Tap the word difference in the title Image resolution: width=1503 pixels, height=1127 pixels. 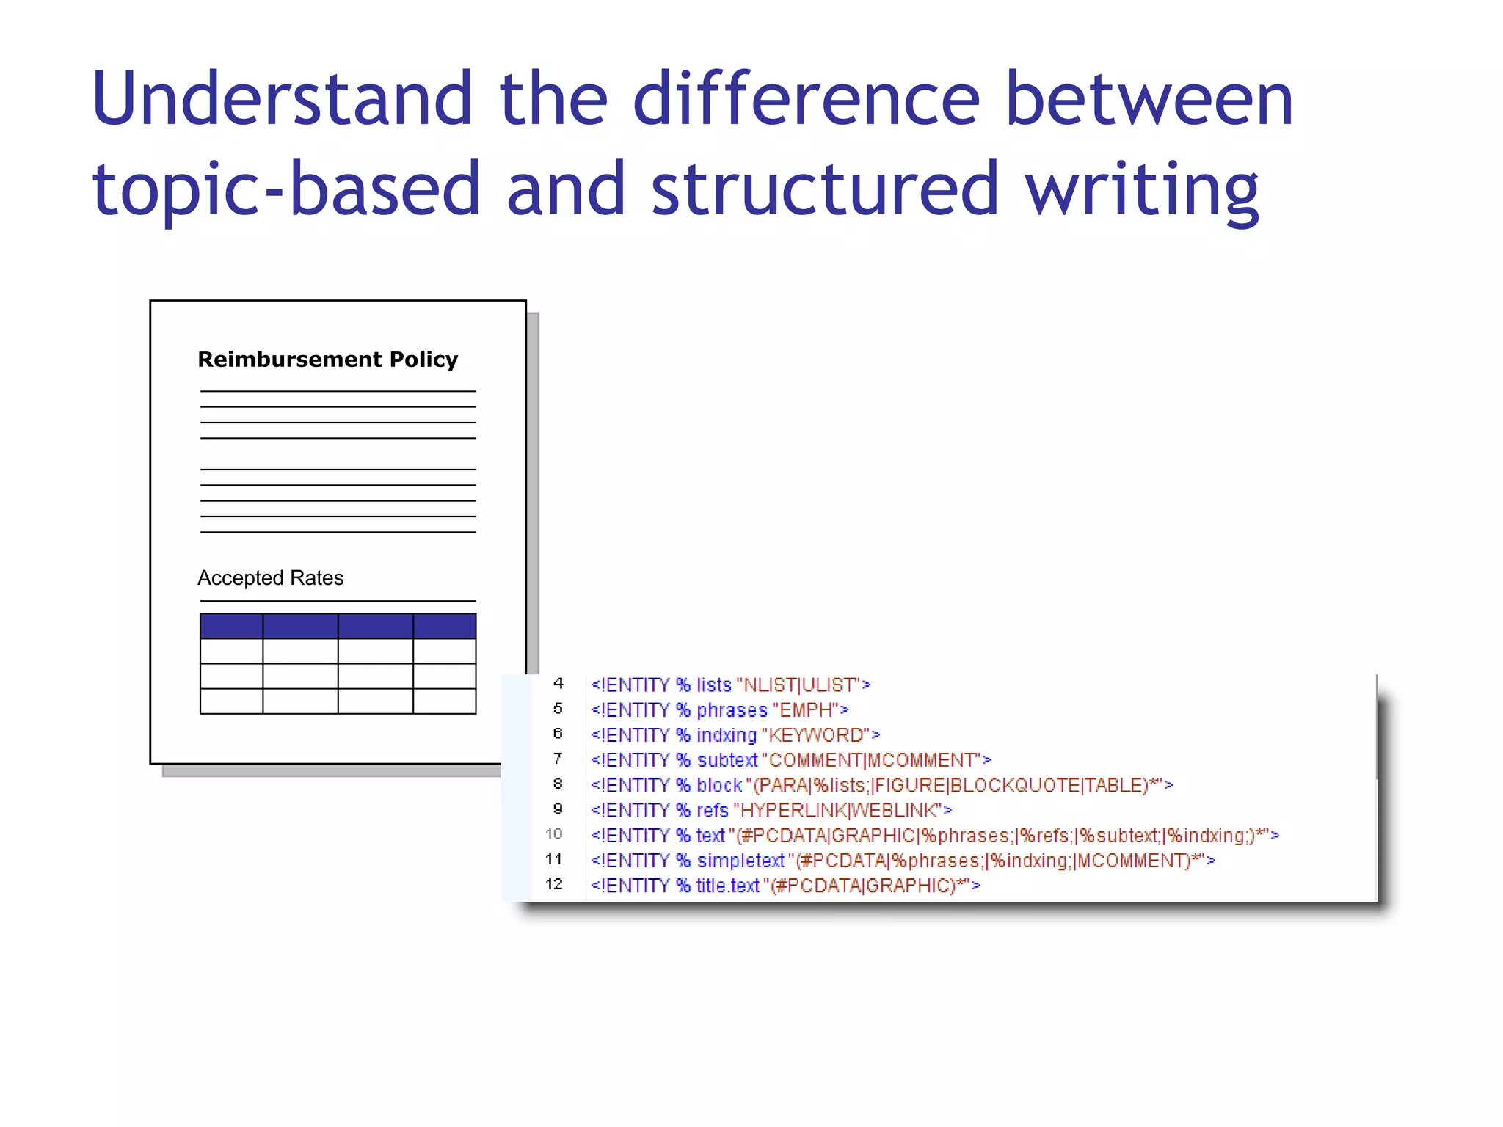pyautogui.click(x=806, y=99)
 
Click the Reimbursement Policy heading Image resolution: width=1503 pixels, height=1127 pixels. pyautogui.click(x=327, y=360)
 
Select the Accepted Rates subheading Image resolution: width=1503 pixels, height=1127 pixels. pyautogui.click(x=270, y=578)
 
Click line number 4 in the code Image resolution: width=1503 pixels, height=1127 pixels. pyautogui.click(x=558, y=684)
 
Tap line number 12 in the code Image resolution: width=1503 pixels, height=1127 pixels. pyautogui.click(x=554, y=884)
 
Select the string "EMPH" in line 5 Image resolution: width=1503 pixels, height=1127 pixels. pyautogui.click(x=805, y=710)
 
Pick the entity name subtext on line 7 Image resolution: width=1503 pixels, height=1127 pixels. pyautogui.click(x=727, y=760)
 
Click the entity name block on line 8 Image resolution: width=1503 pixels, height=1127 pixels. pyautogui.click(x=719, y=786)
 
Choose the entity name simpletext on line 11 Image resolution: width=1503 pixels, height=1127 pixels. pyautogui.click(x=740, y=861)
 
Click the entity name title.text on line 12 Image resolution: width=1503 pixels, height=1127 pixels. pyautogui.click(x=727, y=886)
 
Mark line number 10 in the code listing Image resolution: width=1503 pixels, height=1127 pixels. pyautogui.click(x=554, y=834)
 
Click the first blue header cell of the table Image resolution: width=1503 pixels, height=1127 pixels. pyautogui.click(x=231, y=626)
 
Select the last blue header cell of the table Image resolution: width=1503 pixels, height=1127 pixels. pyautogui.click(x=444, y=626)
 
